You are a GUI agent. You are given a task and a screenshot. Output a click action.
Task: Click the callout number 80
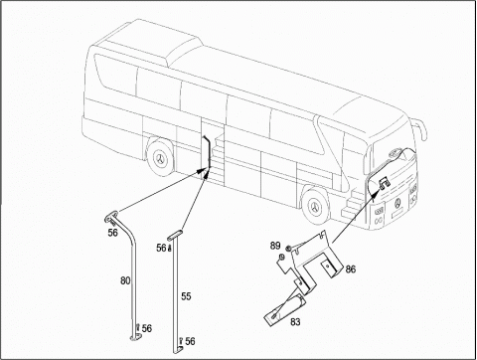[x=125, y=280]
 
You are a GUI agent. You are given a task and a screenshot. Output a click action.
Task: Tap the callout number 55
[x=186, y=296]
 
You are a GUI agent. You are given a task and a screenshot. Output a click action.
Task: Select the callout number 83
[x=295, y=321]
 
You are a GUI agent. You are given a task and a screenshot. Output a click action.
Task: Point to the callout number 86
[x=351, y=269]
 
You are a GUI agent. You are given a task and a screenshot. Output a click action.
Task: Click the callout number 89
[x=275, y=246]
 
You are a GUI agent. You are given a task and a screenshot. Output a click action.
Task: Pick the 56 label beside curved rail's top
[x=112, y=233]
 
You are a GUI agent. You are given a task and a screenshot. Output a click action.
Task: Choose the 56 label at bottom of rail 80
[x=147, y=328]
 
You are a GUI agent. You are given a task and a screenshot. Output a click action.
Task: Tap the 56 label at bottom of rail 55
[x=190, y=341]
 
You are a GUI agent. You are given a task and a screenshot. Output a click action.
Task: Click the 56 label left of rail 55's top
[x=161, y=248]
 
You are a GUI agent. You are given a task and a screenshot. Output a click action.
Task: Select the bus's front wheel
[x=315, y=206]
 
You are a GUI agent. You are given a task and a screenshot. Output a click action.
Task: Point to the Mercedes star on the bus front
[x=397, y=203]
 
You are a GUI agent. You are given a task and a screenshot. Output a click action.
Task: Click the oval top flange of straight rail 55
[x=176, y=235]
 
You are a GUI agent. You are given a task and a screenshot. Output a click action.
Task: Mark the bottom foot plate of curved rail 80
[x=135, y=337]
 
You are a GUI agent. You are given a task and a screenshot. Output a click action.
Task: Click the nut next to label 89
[x=288, y=248]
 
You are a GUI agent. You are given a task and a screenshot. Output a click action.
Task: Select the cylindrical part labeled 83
[x=285, y=309]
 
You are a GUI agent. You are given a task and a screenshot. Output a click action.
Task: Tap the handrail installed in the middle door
[x=208, y=156]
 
